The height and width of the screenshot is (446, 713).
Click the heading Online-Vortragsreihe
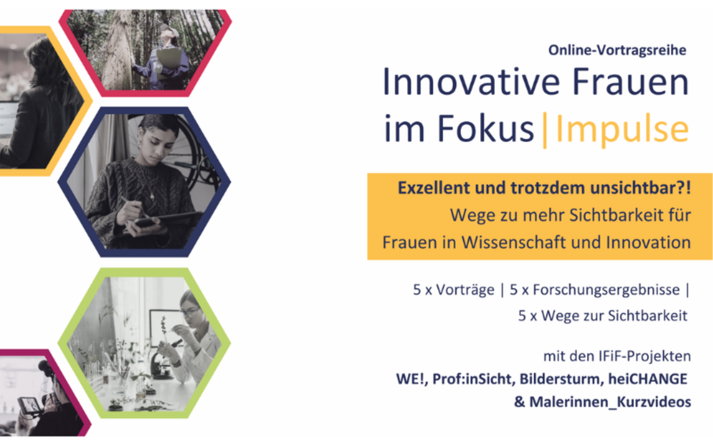pyautogui.click(x=617, y=50)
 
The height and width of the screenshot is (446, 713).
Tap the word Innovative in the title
pyautogui.click(x=471, y=82)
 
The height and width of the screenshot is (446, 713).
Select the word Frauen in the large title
pyautogui.click(x=630, y=82)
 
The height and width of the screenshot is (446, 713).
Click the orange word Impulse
pyautogui.click(x=622, y=129)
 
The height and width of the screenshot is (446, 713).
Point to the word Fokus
pyautogui.click(x=486, y=128)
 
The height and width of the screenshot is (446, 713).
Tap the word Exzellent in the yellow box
pyautogui.click(x=434, y=188)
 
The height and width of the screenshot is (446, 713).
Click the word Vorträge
pyautogui.click(x=465, y=290)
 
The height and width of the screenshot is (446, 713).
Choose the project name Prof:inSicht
pyautogui.click(x=472, y=379)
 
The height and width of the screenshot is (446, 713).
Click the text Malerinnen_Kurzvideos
pyautogui.click(x=610, y=402)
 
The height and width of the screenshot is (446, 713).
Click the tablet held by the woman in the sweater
pyautogui.click(x=165, y=219)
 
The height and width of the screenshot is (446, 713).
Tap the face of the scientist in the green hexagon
pyautogui.click(x=191, y=311)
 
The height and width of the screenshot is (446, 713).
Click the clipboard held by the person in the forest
pyautogui.click(x=168, y=60)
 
